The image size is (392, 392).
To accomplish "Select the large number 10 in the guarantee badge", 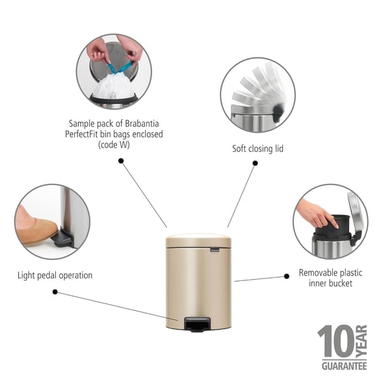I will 335,342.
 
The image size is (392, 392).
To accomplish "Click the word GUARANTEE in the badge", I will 342,366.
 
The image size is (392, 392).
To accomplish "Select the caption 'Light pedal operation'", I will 55,276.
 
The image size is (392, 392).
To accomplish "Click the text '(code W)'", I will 115,145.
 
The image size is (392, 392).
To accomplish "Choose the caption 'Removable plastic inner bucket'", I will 330,278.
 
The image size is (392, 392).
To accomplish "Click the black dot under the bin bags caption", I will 121,161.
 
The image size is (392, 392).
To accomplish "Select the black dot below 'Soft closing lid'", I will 255,163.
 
